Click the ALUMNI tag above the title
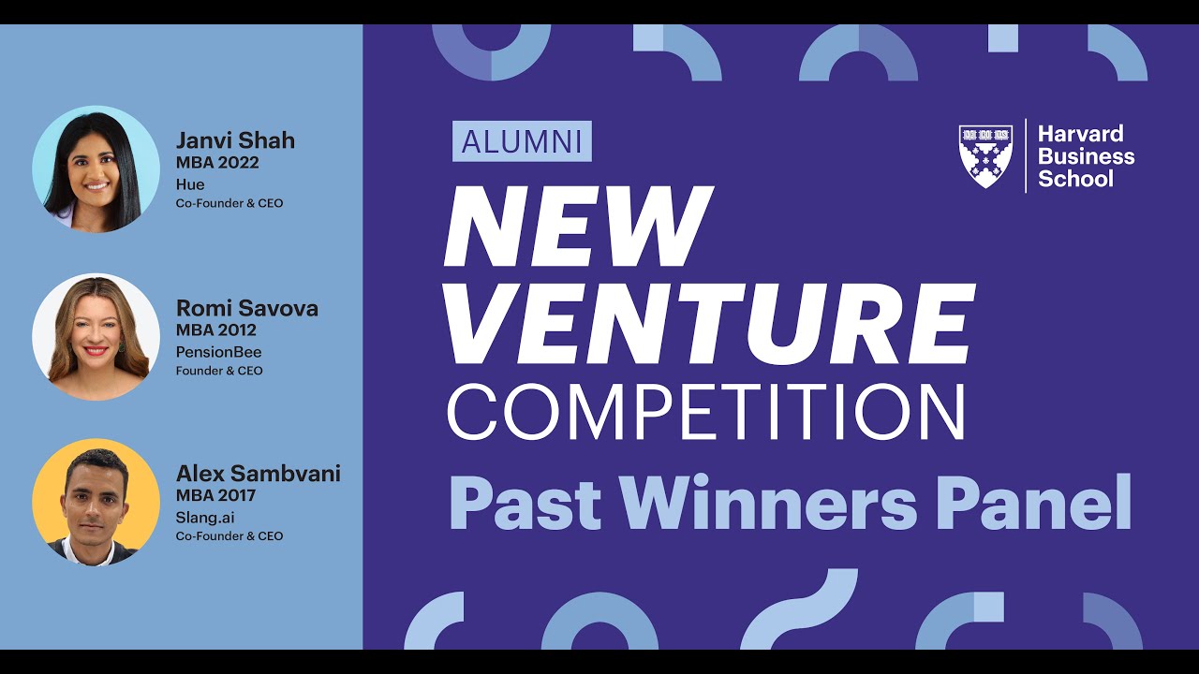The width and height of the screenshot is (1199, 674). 522,141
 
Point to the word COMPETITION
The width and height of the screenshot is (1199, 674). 705,410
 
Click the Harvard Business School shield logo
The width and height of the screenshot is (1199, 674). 986,155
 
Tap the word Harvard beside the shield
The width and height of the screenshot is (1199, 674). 1080,134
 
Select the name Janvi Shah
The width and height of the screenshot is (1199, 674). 235,141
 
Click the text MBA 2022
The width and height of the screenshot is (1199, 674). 217,163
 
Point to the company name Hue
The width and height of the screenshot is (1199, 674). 190,184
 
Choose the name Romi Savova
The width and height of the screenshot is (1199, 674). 247,308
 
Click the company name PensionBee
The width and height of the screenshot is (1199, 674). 219,352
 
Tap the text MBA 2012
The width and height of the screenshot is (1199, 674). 216,330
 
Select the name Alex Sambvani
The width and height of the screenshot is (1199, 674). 258,474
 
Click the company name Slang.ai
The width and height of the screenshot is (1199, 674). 209,517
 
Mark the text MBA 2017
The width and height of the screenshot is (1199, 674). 215,495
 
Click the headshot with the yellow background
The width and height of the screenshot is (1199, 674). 96,502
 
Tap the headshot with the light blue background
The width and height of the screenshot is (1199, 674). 96,168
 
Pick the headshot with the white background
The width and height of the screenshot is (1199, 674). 96,336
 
